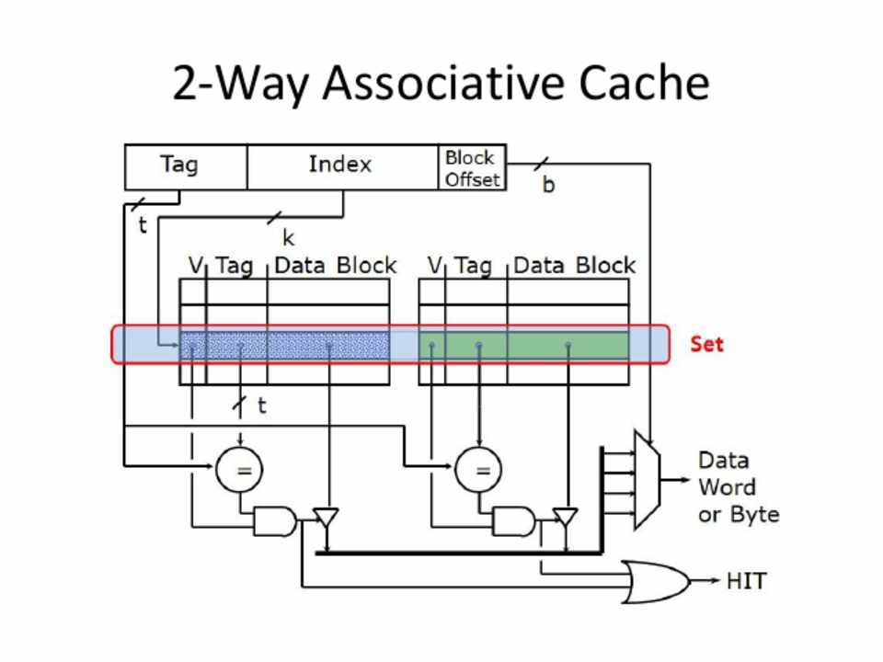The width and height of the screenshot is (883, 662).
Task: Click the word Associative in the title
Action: [x=443, y=83]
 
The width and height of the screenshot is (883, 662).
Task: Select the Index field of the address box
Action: [x=340, y=166]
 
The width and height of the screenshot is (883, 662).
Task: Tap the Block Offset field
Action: [x=472, y=168]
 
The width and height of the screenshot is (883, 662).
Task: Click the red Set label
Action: [x=706, y=344]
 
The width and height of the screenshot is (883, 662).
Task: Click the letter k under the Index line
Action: [x=288, y=238]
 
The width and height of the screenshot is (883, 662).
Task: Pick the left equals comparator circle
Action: [x=239, y=470]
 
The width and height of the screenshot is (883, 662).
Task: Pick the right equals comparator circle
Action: [x=478, y=470]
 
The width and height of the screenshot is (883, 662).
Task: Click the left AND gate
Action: [x=273, y=522]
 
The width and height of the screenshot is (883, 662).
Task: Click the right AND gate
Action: [x=512, y=522]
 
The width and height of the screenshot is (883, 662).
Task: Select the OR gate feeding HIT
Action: [x=655, y=581]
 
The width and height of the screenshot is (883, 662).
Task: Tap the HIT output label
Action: [x=746, y=581]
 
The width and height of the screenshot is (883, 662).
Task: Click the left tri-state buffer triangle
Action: [x=326, y=519]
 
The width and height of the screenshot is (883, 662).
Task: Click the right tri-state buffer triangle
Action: [x=565, y=519]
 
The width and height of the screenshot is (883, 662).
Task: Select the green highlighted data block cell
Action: [x=568, y=345]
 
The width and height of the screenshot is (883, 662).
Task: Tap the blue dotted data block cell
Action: [x=328, y=345]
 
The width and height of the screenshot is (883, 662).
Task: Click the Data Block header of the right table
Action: [x=574, y=266]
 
